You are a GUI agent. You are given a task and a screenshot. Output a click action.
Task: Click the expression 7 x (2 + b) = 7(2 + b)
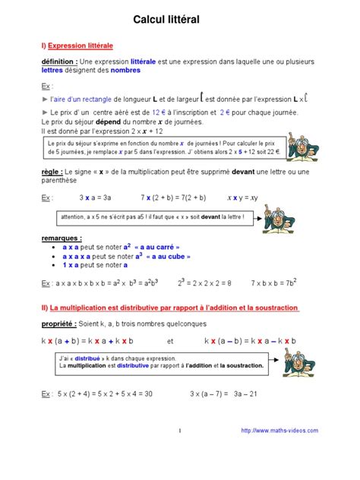173,197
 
